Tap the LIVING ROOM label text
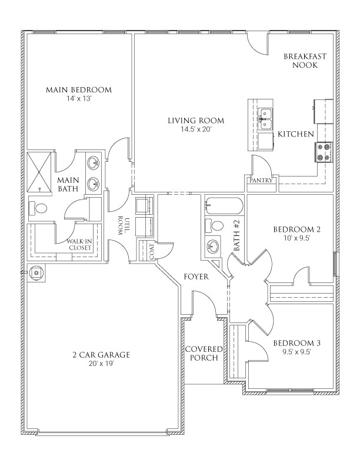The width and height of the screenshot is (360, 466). pos(196,121)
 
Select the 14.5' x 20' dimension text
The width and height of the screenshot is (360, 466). pos(196,129)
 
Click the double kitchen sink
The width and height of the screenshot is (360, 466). pos(265,117)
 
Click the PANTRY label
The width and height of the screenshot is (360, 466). pos(261,181)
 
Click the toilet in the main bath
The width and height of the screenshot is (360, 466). pos(40,208)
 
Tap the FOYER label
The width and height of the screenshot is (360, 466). pos(195,276)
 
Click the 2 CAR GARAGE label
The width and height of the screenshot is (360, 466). pos(101,355)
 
